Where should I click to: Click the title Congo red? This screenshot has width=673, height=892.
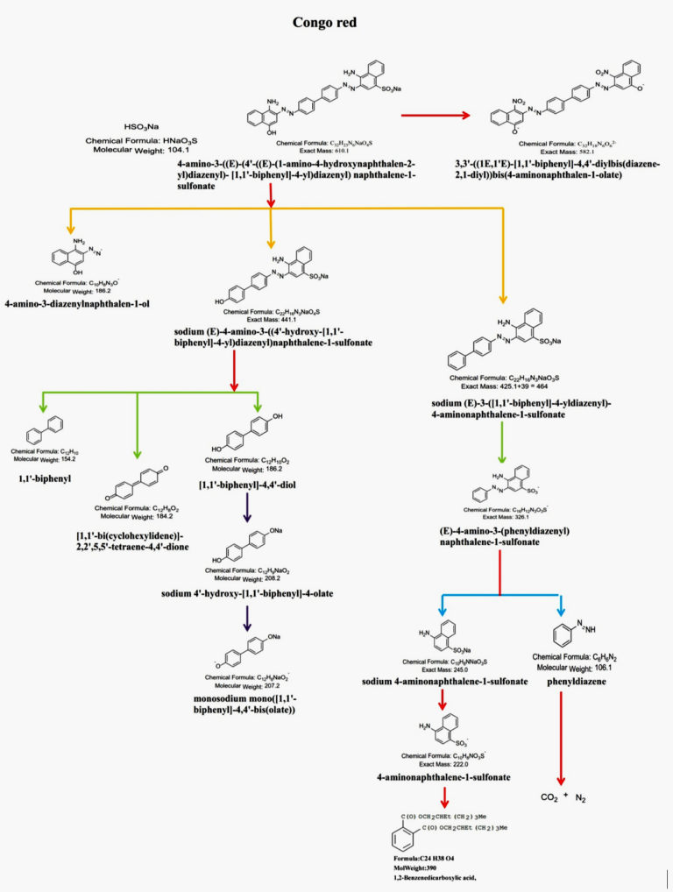336,21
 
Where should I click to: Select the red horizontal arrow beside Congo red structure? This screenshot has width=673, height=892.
443,115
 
